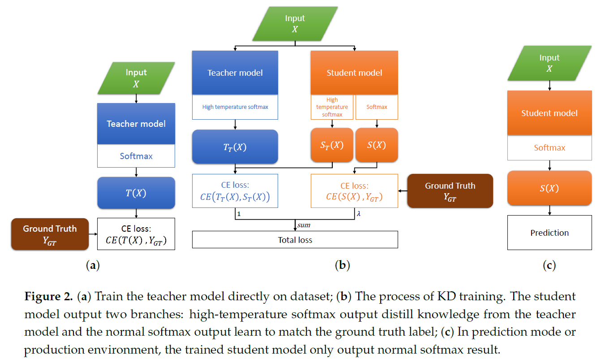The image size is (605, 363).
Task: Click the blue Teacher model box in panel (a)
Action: pos(136,124)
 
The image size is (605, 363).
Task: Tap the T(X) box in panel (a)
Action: pos(136,193)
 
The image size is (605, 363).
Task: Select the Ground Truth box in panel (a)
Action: pos(50,234)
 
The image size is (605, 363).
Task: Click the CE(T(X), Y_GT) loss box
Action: pos(136,234)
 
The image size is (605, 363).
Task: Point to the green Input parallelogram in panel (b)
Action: pos(295,24)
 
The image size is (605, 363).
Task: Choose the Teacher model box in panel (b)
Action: pos(235,73)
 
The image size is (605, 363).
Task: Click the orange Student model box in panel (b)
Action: pos(354,73)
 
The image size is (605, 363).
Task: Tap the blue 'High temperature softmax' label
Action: pos(235,107)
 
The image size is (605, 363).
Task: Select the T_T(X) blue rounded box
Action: pos(235,147)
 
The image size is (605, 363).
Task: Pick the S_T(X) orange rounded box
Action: pos(332,145)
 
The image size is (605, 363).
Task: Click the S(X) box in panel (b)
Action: pos(376,145)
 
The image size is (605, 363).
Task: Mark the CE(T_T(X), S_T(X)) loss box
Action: pos(235,191)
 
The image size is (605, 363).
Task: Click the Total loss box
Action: pos(295,240)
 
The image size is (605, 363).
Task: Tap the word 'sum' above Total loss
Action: pos(305,225)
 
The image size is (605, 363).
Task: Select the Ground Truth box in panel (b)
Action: pos(450,191)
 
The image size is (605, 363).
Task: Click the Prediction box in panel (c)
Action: pos(549,233)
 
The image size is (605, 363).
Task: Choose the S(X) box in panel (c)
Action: pos(549,188)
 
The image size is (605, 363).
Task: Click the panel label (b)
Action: pos(342,265)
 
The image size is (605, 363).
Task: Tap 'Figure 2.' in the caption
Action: pos(48,297)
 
